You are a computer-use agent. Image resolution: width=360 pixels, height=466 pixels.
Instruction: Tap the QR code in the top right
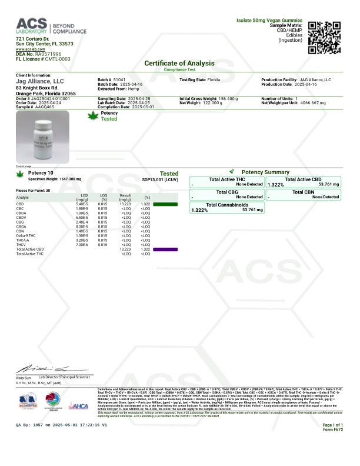[324, 36]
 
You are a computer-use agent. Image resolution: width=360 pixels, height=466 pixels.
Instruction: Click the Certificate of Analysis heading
[180, 63]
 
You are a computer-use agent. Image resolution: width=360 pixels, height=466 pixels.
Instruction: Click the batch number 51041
[119, 79]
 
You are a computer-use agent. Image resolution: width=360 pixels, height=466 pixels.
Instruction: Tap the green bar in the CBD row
[165, 204]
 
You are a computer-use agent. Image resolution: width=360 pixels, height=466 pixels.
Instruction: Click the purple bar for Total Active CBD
[165, 249]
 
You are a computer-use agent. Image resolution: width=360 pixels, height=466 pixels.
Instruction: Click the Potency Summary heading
[265, 172]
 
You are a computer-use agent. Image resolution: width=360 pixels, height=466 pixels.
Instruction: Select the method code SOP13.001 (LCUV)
[160, 179]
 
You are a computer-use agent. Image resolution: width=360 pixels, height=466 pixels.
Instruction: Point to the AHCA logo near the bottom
[79, 405]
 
